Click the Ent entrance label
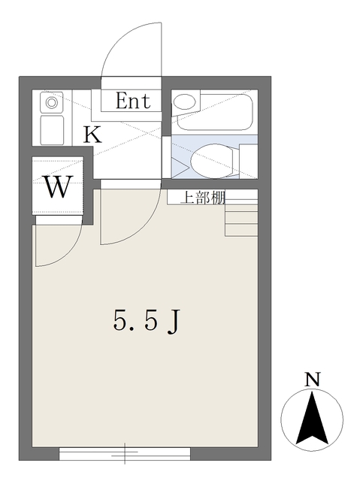point(132,101)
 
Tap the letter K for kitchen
point(92,135)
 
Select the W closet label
point(59,186)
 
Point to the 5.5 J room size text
point(147,322)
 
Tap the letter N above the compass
point(312,380)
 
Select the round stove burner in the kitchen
point(51,101)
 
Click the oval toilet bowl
point(212,160)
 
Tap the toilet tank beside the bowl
point(248,159)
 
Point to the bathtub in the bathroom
point(214,111)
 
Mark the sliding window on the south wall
point(125,453)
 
